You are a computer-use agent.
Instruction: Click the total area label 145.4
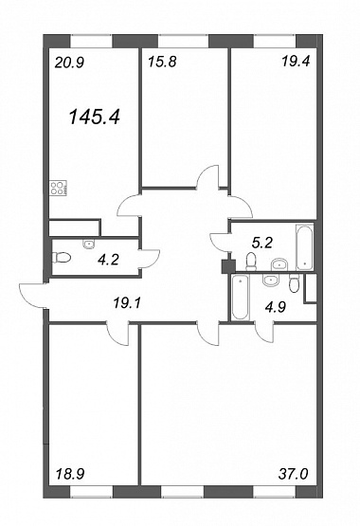[94, 118]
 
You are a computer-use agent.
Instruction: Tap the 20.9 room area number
[69, 63]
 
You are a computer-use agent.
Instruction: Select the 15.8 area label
[162, 62]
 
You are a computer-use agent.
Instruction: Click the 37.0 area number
[293, 474]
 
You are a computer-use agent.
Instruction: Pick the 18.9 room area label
[69, 474]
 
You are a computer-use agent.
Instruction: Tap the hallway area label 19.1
[127, 304]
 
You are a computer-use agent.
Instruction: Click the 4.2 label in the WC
[109, 260]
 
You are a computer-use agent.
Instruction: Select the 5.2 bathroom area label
[262, 243]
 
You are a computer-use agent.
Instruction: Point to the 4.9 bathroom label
[276, 307]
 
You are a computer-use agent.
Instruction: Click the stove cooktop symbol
[59, 189]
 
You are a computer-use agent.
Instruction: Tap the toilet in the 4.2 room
[62, 258]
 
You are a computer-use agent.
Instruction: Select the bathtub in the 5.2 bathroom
[304, 246]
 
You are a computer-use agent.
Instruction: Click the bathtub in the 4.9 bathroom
[241, 298]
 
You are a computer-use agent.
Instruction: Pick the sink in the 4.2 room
[89, 245]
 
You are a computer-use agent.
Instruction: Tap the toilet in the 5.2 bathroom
[250, 262]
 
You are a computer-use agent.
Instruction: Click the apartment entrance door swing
[32, 295]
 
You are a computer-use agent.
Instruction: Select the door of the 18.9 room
[118, 333]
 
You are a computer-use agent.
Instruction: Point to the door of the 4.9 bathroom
[264, 332]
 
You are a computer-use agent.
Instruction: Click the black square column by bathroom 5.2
[229, 266]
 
